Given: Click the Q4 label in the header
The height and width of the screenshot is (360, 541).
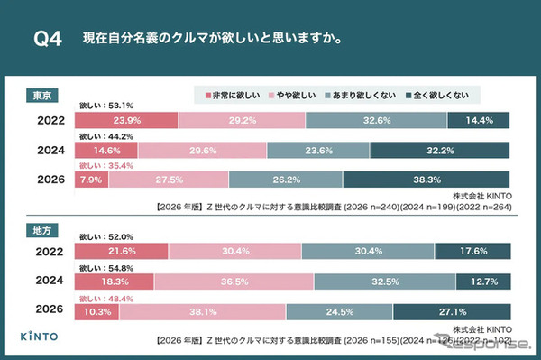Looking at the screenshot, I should pos(47,40).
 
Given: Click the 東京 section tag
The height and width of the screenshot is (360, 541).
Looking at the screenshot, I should pos(41,94).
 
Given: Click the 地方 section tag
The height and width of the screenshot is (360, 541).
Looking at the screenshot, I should pos(41,232).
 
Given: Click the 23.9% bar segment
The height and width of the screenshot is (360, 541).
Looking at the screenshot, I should pos(128,120).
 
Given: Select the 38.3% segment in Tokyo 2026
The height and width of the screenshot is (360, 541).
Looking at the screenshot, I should pos(426,180).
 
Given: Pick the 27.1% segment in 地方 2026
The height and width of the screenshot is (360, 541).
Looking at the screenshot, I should pos(454,311).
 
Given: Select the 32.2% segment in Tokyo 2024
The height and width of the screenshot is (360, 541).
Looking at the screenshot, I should pos(439,150).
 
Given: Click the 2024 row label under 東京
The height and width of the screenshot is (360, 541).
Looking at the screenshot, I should pos(50,150).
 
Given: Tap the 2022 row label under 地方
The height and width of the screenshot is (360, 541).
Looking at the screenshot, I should pos(50,252).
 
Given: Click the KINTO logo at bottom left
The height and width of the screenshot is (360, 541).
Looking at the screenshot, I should pos(42,337).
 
